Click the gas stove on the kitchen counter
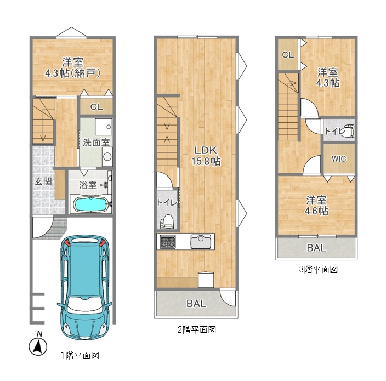point(168,241)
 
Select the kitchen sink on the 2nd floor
point(201,242)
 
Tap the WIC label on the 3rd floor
point(339,159)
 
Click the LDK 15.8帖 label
point(206,156)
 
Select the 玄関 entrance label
point(43,181)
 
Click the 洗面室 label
point(96,143)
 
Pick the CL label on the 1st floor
point(96,107)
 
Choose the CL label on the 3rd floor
point(288,55)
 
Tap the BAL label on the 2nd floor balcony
point(196,304)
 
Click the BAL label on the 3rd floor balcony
point(316,248)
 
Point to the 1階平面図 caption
point(80,355)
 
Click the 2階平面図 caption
point(197,329)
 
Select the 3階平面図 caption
point(318,270)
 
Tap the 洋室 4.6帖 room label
point(316,206)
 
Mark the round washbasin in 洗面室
point(107,156)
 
